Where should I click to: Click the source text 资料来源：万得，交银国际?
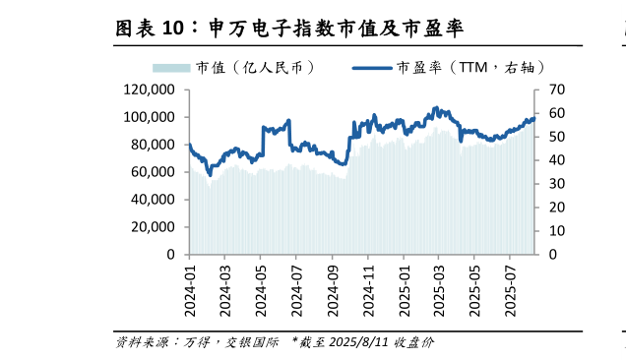click(x=197, y=343)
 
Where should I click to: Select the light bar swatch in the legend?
click(x=170, y=68)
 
